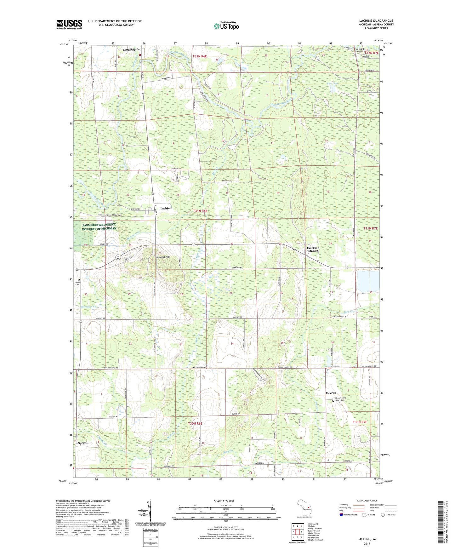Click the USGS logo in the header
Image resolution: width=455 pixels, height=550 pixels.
coord(69,24)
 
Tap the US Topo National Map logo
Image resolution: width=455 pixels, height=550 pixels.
coord(226,26)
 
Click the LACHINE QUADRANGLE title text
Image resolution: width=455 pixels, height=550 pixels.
coord(376,21)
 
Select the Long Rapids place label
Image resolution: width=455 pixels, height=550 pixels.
coord(131,49)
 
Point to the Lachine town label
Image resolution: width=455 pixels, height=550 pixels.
coord(166,208)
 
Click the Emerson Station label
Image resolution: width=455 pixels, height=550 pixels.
coord(313,249)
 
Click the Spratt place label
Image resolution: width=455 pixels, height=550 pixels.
coord(82,443)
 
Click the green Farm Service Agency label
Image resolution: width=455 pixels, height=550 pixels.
coord(99,226)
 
